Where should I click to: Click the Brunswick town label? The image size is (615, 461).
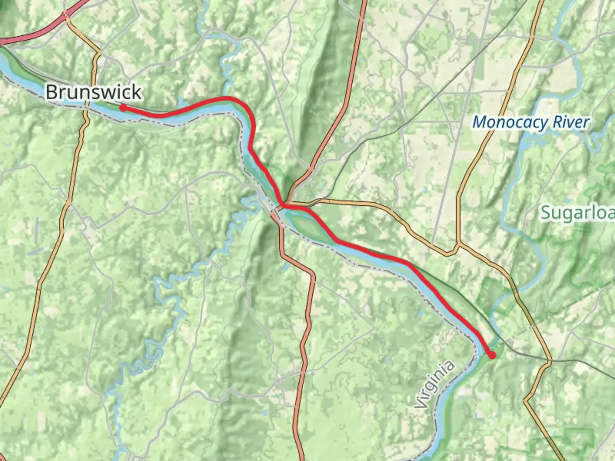click(x=93, y=92)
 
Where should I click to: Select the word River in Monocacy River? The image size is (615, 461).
click(x=571, y=123)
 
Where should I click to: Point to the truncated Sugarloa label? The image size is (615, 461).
click(x=577, y=212)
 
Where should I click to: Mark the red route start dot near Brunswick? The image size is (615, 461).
click(x=123, y=108)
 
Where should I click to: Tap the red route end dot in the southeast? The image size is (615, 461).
click(x=492, y=355)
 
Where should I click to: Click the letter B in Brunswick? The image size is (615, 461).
click(x=52, y=92)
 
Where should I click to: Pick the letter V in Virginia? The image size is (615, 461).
click(x=420, y=404)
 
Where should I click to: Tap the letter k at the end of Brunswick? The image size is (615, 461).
click(x=136, y=92)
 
